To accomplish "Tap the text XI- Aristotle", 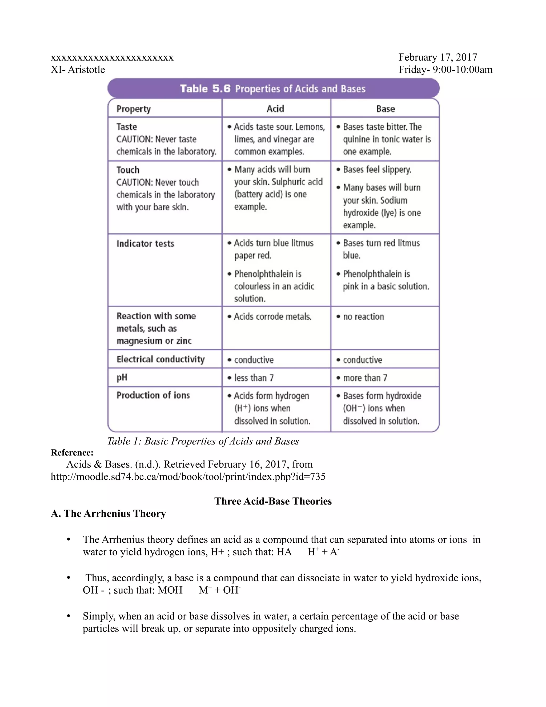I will tap(78, 70).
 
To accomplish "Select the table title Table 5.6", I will tap(205, 89).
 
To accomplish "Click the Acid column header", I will tap(275, 109).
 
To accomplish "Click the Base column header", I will tap(385, 109).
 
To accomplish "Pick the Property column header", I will tap(133, 109).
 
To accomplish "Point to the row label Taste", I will tap(126, 126).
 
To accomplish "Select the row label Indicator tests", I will tap(145, 243).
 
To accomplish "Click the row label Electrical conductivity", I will tap(160, 359).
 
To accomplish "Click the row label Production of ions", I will tap(153, 395).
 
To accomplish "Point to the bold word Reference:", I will tap(72, 452).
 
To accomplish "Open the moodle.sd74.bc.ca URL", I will tap(188, 476).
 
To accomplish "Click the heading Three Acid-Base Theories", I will tap(273, 501).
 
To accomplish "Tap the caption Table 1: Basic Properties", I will tap(203, 441).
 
